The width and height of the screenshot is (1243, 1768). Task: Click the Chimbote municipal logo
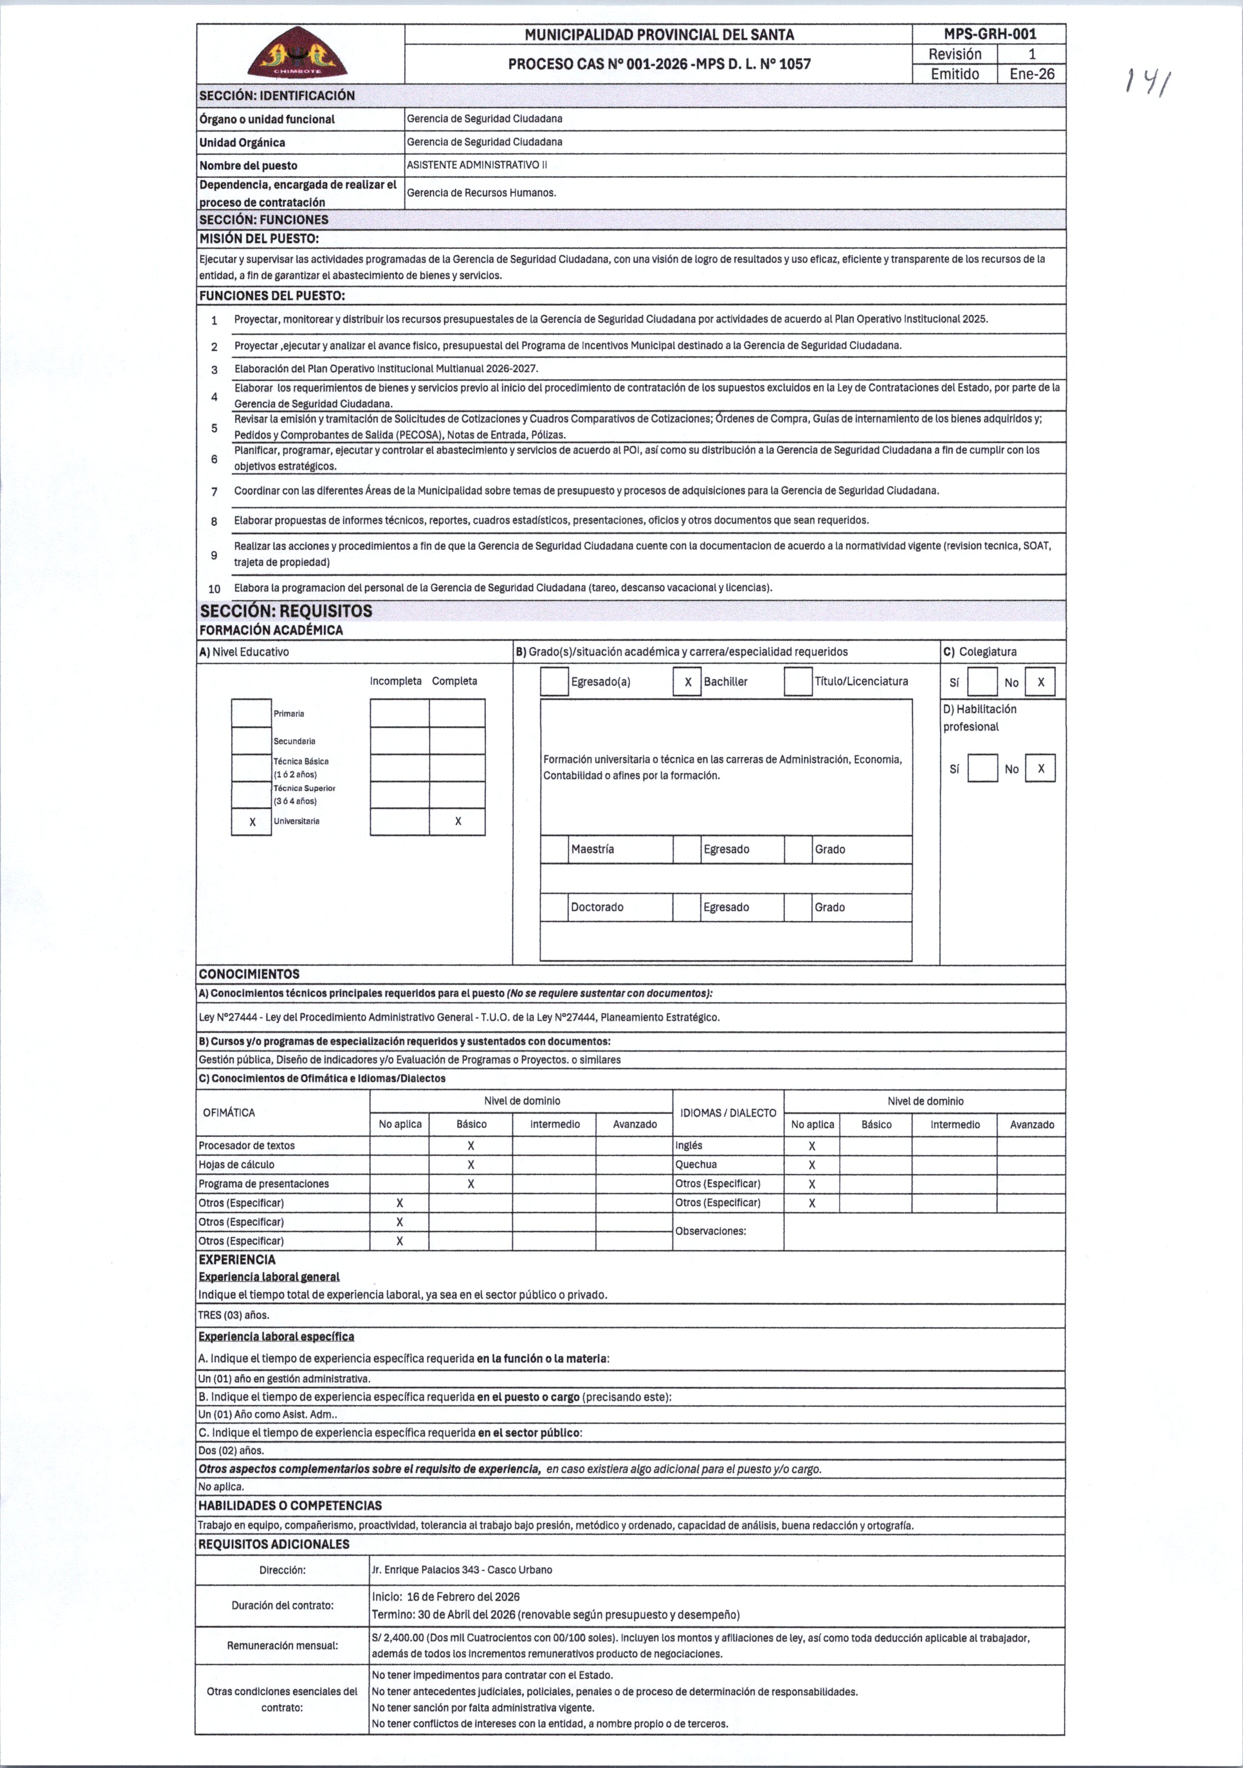(x=301, y=52)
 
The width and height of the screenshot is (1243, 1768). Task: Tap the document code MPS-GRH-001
(x=989, y=34)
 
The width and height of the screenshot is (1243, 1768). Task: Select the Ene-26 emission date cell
(x=1031, y=74)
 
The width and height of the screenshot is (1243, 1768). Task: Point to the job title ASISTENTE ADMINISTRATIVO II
(x=476, y=165)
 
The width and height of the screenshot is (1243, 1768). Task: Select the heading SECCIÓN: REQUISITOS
(x=285, y=611)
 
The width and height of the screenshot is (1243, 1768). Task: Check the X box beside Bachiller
(x=687, y=682)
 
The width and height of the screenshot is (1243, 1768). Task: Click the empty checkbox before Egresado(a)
(x=554, y=682)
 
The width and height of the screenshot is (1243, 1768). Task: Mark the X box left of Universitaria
(x=252, y=822)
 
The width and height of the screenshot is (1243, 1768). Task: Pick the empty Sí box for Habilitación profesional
(x=982, y=769)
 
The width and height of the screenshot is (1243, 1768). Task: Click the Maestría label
(x=592, y=849)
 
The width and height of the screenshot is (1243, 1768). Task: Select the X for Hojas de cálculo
(x=471, y=1165)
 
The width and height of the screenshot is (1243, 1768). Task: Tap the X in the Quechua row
(x=812, y=1165)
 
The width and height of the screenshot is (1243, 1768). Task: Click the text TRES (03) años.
(x=234, y=1315)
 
